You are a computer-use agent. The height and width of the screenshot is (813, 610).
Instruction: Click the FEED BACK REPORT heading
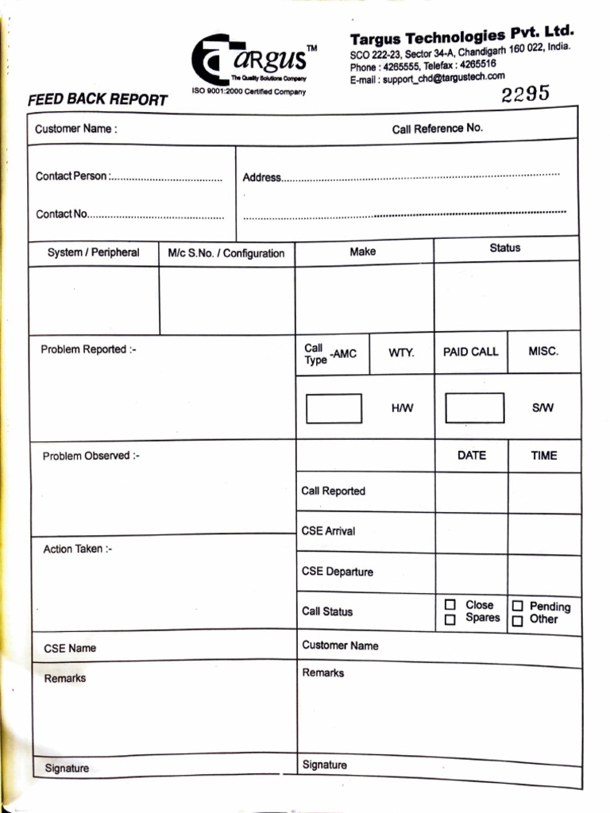click(x=97, y=100)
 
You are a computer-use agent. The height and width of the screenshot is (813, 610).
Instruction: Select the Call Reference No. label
click(x=437, y=128)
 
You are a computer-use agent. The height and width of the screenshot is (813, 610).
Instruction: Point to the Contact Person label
click(x=71, y=176)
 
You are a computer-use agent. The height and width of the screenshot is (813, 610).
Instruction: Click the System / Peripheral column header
click(x=93, y=252)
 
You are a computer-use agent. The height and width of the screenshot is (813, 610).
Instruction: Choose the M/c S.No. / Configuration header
click(x=226, y=253)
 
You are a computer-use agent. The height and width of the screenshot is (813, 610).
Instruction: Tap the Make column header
click(x=362, y=251)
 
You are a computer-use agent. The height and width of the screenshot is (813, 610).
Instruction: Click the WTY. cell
click(x=401, y=352)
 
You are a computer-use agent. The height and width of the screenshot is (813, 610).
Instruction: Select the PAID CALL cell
click(x=470, y=352)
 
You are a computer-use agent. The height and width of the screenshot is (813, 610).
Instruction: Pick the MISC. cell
click(x=543, y=351)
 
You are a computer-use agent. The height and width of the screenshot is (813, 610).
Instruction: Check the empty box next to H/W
click(x=334, y=408)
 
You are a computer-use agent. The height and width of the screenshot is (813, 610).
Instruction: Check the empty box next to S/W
click(x=474, y=407)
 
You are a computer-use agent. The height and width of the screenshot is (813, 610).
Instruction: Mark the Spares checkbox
click(x=450, y=619)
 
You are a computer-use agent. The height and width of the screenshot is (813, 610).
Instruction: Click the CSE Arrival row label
click(x=328, y=531)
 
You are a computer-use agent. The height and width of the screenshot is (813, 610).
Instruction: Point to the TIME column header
click(x=544, y=456)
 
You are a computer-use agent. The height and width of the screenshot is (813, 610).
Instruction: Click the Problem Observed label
click(x=91, y=456)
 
